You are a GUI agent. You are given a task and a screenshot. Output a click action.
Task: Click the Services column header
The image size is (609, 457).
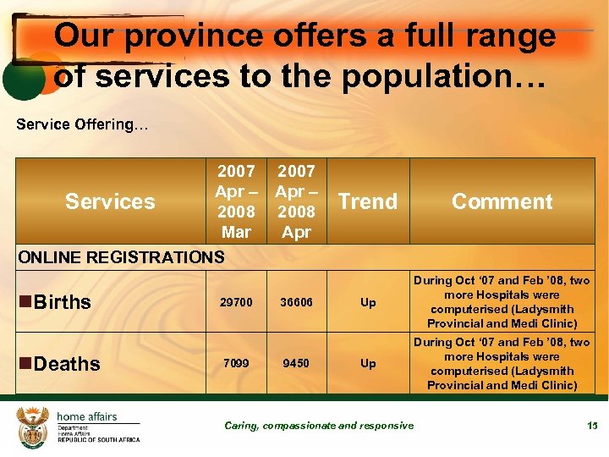[110, 201]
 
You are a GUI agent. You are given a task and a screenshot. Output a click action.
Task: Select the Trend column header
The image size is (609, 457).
[367, 201]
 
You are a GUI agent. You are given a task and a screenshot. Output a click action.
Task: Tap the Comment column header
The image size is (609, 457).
[502, 201]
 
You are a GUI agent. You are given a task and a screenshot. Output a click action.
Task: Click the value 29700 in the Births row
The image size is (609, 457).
[236, 302]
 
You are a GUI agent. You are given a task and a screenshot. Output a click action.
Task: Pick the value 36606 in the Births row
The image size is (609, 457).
[296, 302]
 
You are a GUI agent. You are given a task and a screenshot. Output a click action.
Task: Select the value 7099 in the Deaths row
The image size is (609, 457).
[236, 363]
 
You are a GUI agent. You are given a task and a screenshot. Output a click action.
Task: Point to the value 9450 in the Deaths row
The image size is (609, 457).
[296, 363]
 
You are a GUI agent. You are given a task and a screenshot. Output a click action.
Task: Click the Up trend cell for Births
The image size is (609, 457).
[368, 302]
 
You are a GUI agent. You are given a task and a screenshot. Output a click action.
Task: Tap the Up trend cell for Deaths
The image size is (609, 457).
[368, 363]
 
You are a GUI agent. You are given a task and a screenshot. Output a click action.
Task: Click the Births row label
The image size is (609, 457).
[62, 302]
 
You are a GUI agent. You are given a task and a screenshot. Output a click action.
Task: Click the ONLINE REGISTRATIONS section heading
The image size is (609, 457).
[120, 256]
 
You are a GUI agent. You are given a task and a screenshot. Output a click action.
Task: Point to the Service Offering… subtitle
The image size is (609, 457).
[82, 124]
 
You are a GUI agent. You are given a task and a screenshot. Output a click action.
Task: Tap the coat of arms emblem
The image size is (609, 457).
[34, 426]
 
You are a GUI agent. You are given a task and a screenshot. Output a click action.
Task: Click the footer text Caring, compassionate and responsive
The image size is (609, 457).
[319, 426]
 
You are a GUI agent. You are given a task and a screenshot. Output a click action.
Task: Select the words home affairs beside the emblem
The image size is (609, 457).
[87, 416]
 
